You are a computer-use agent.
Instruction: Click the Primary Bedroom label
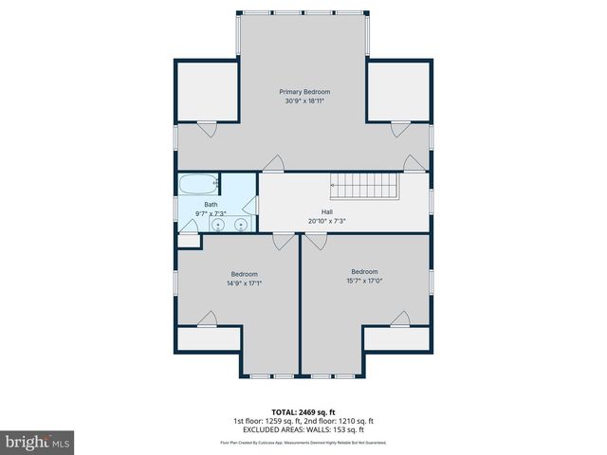[304, 91]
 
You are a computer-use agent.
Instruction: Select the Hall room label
[326, 211]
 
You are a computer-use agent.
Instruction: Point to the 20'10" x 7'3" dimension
[326, 221]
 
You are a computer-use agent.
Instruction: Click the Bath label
[211, 205]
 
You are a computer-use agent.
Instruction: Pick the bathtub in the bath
[200, 183]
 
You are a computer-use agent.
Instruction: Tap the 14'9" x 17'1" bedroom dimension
[244, 282]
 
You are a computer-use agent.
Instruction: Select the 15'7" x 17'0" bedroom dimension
[364, 280]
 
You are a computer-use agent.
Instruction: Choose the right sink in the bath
[241, 225]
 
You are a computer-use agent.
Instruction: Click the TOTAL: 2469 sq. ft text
[303, 412]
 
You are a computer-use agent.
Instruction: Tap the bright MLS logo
[38, 442]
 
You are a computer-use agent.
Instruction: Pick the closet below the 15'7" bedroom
[396, 339]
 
